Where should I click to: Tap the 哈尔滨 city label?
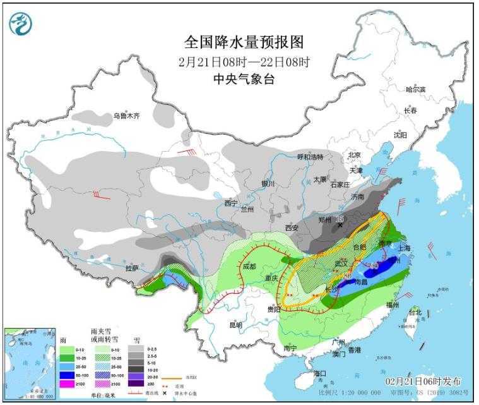pos(415,90)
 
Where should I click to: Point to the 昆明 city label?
pos(235,325)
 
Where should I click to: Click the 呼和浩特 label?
pos(310,157)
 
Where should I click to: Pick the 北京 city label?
pos(353,155)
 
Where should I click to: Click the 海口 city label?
pos(321,373)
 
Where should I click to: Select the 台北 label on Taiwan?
pos(415,312)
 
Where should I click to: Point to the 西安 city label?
pos(291,227)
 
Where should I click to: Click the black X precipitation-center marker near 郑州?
pos(341,225)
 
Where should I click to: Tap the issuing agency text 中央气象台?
pos(244,79)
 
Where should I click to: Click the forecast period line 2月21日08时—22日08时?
pos(244,62)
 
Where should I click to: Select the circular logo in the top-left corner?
pos(20,25)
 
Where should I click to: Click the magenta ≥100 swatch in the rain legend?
pos(65,384)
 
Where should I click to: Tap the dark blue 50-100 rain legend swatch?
pos(65,375)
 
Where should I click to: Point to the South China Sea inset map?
pos(28,363)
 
